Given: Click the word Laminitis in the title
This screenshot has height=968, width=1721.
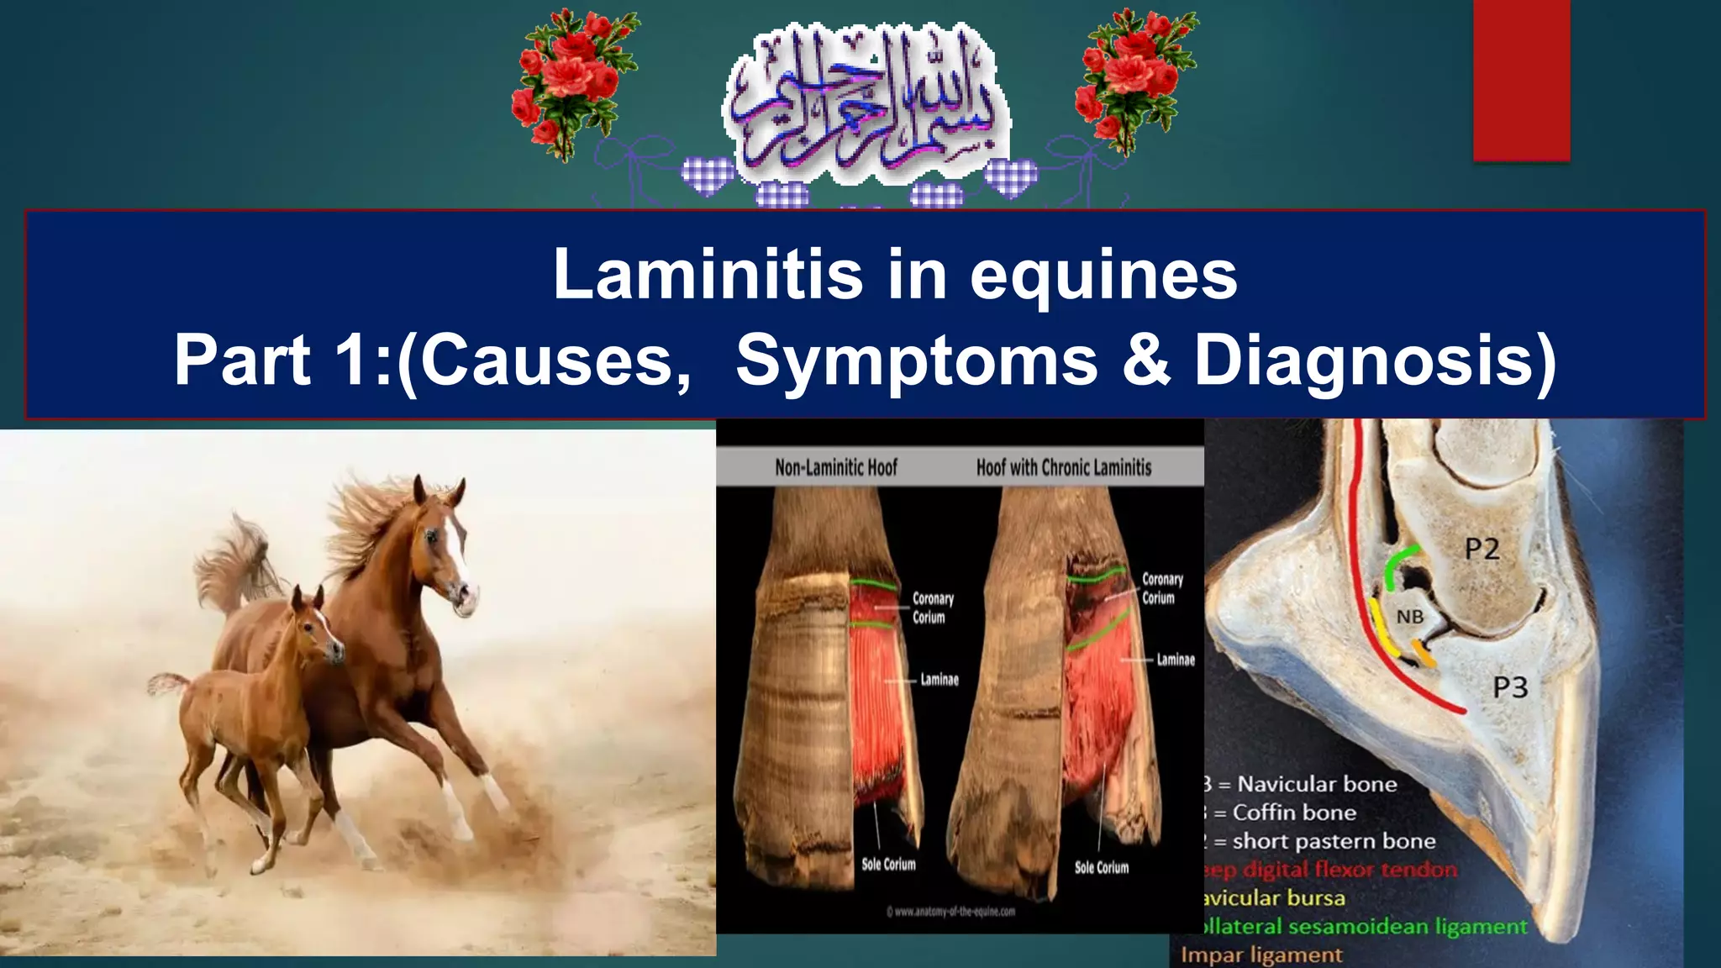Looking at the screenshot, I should [708, 274].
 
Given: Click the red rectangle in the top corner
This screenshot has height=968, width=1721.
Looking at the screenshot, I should [1521, 80].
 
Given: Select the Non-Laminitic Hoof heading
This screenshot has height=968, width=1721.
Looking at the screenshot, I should [836, 467].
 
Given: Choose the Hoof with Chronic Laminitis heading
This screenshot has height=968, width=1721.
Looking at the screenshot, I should [1064, 467].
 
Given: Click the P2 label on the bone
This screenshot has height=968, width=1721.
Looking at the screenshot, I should [1482, 550].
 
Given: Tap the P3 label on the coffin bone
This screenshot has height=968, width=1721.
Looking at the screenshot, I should [1509, 687].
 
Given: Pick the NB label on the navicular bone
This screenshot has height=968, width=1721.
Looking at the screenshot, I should [1410, 618].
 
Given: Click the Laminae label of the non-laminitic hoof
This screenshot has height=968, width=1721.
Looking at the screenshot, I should [939, 679].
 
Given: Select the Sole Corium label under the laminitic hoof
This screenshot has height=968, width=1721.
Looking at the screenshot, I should [1101, 867].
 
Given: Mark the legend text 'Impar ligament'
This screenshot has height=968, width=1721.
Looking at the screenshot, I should [1261, 955].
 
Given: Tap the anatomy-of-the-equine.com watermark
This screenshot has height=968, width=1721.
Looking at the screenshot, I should [950, 911].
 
